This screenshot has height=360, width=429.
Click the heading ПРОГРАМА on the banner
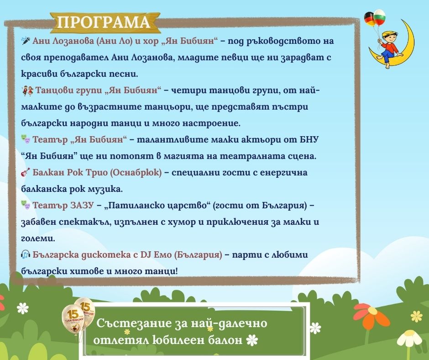point(104,22)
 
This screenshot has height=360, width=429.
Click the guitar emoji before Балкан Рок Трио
point(26,173)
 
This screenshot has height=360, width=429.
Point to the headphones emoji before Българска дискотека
point(26,254)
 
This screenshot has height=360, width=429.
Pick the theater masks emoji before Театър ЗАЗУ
point(26,206)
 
